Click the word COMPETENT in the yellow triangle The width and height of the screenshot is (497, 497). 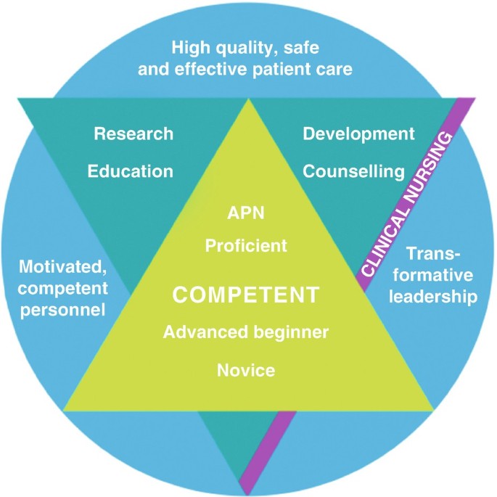[245, 296]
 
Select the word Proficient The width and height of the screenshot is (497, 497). [246, 245]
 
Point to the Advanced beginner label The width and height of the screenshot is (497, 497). [246, 332]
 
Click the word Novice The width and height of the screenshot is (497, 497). [246, 371]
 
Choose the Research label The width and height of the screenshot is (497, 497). [134, 134]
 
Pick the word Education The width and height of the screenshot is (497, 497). [131, 171]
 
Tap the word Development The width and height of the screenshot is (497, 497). [358, 134]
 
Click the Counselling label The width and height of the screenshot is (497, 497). [353, 171]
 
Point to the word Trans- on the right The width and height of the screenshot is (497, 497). [434, 255]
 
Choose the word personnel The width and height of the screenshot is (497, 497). [62, 310]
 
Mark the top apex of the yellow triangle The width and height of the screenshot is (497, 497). [250, 101]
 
